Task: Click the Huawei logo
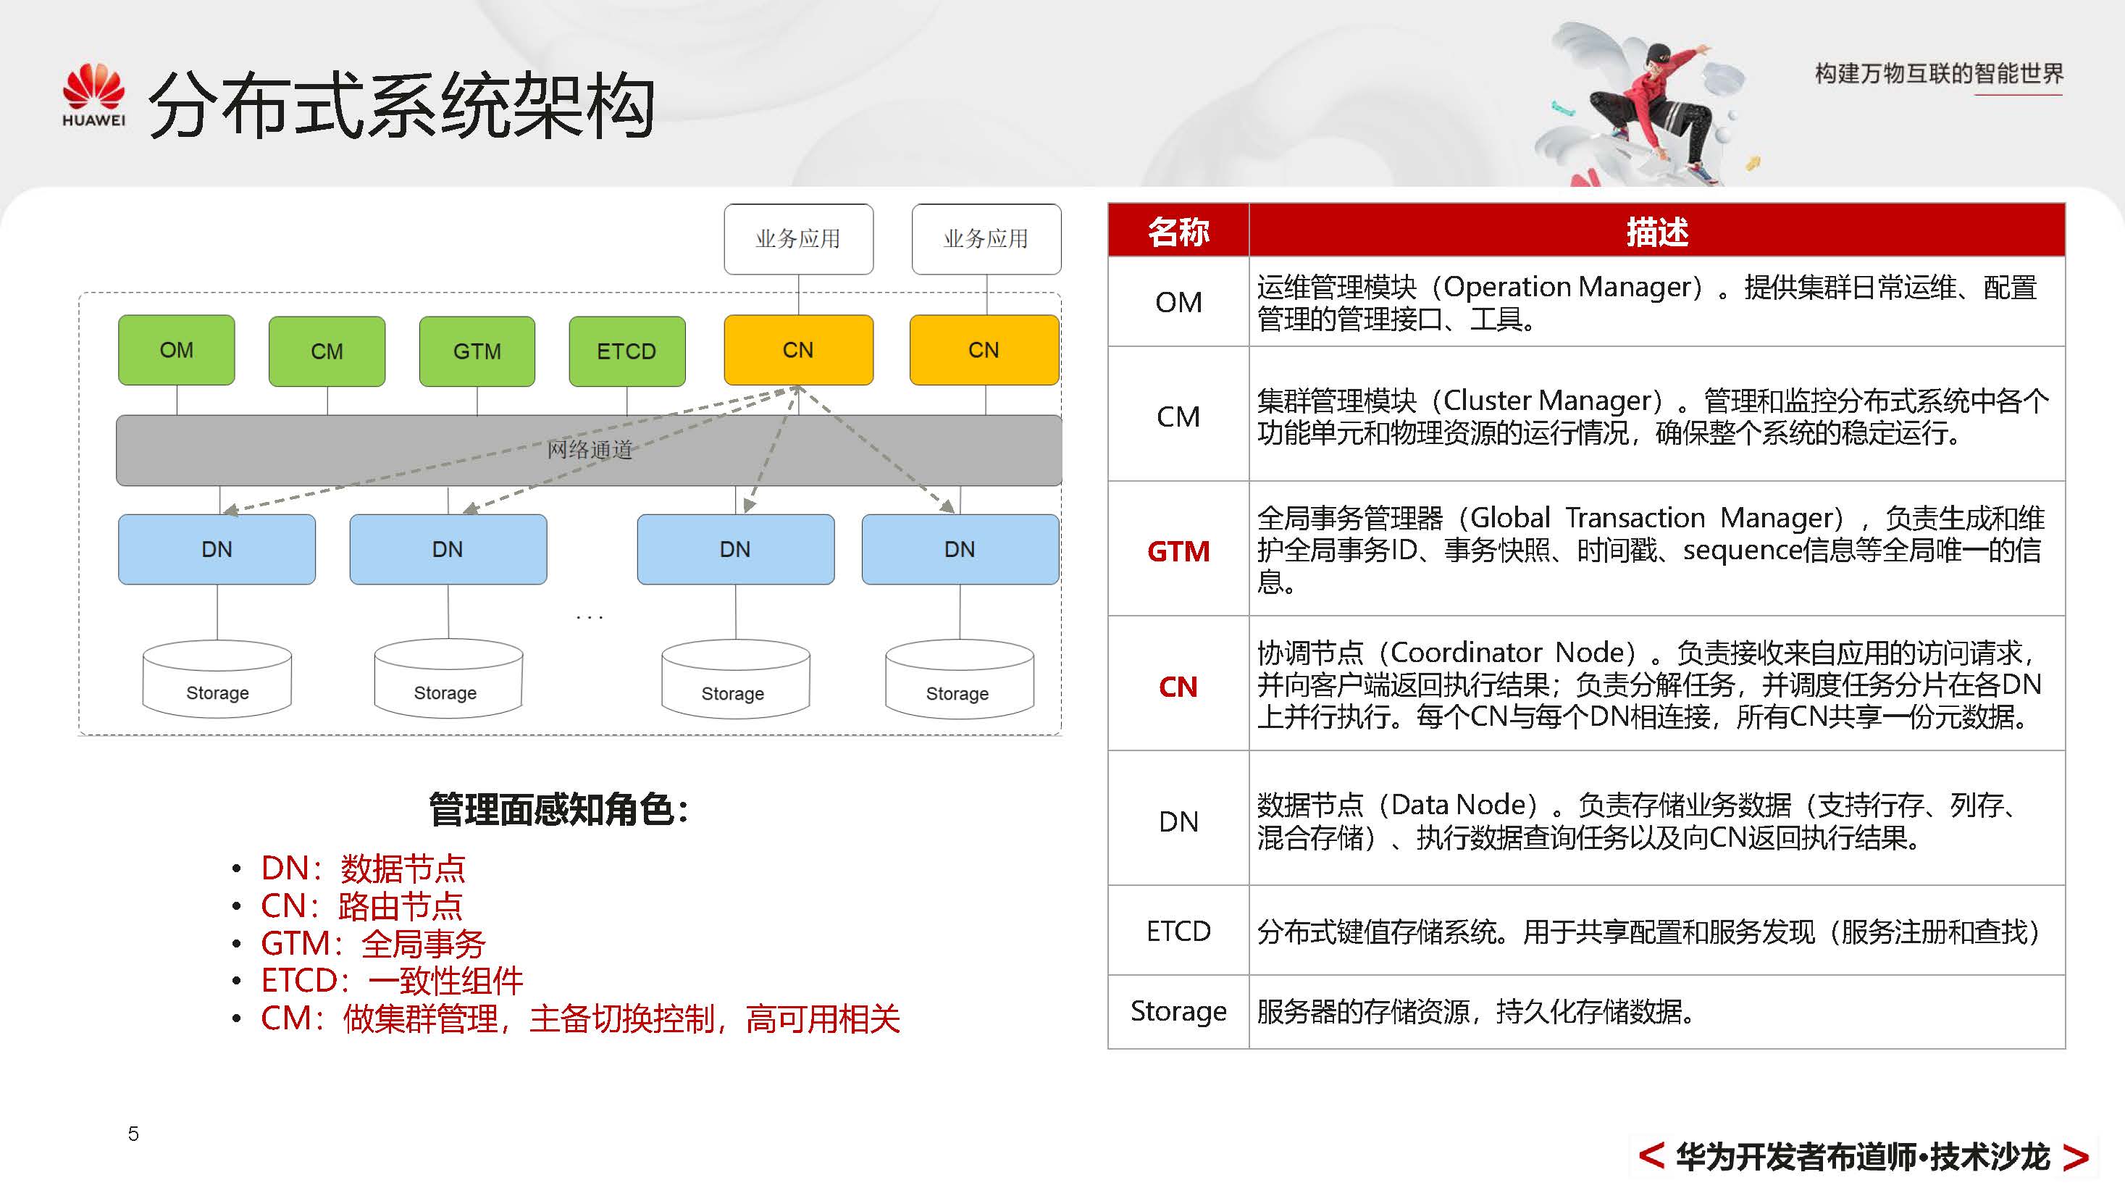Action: [93, 95]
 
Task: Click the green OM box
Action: [176, 350]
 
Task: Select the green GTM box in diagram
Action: [477, 351]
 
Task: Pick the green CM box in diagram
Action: [327, 351]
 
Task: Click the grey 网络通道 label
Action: [589, 450]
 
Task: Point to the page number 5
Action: [133, 1134]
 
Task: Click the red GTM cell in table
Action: [1178, 551]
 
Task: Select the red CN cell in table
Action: [1178, 686]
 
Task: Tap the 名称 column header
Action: [1178, 231]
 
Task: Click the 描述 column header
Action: [1656, 231]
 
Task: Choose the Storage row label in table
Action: [1178, 1011]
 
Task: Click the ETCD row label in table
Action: [1178, 932]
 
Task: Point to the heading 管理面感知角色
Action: [558, 809]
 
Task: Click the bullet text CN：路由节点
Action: [361, 905]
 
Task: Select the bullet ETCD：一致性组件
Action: [392, 981]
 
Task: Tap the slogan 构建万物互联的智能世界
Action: [1939, 74]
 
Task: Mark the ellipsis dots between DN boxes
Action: [589, 617]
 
